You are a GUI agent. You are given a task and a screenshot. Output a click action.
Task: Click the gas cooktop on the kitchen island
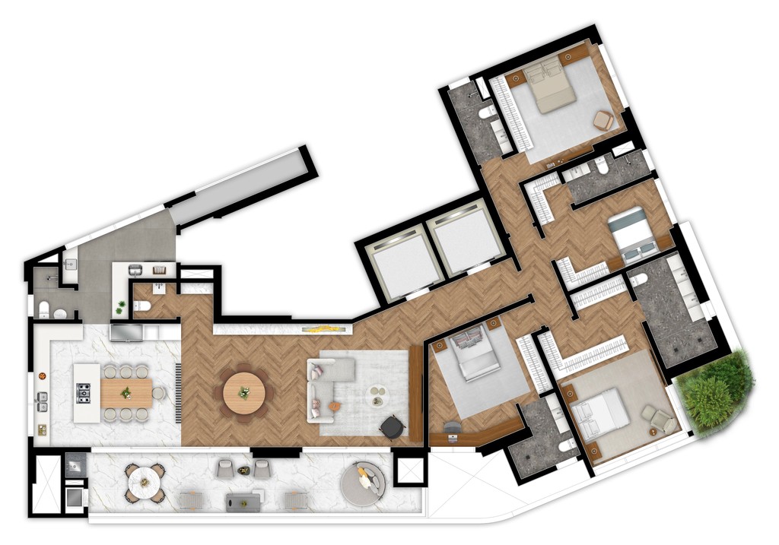[x=84, y=393]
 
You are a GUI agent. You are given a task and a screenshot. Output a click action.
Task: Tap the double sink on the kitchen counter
[x=43, y=401]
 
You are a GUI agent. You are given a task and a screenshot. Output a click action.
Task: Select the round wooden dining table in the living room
[x=243, y=392]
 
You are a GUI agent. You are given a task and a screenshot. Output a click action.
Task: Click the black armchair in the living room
[x=393, y=427]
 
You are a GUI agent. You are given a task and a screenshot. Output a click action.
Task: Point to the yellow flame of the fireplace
[x=325, y=329]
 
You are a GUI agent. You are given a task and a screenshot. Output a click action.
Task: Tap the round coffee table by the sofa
[x=377, y=395]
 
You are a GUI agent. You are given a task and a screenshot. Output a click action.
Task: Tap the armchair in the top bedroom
[x=603, y=119]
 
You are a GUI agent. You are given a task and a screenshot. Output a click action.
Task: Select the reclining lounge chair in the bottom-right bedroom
[x=657, y=417]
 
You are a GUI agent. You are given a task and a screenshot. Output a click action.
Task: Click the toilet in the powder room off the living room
[x=141, y=306]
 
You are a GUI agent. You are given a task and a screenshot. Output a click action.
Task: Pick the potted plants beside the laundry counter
[x=120, y=307]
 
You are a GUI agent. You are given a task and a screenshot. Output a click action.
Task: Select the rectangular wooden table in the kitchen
[x=126, y=393]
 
